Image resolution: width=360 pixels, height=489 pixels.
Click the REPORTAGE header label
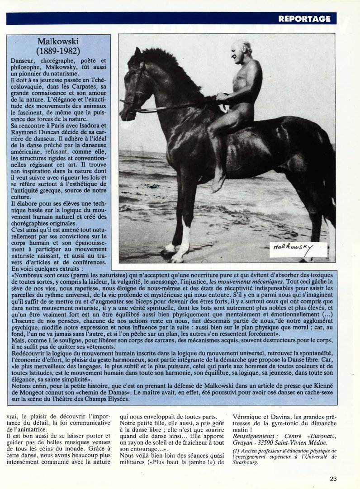pos(304,19)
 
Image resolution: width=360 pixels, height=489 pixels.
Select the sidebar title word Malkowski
pos(59,42)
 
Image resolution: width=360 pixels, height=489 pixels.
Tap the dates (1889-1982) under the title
pos(58,51)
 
